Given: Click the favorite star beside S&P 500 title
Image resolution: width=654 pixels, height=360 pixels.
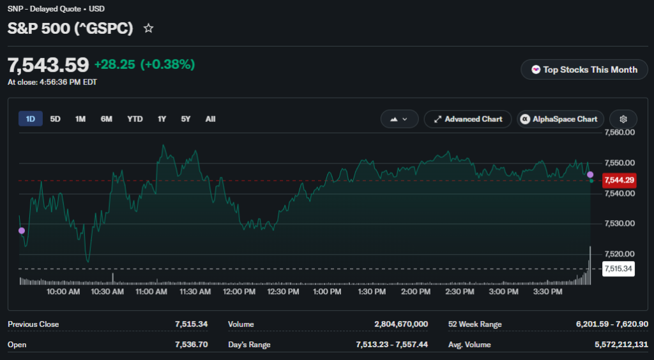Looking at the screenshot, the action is pos(148,28).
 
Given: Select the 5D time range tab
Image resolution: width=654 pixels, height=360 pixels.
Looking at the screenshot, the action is pos(55,119).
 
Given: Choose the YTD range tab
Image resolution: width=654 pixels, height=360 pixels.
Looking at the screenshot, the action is pos(135,119).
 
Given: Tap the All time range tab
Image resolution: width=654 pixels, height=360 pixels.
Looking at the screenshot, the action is pos(210,119).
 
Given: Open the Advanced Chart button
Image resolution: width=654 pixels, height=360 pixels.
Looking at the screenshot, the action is pos(468,119).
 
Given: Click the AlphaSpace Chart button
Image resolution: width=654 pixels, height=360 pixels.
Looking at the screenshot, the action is pos(560,119).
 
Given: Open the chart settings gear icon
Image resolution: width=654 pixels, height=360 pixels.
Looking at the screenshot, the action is pos(623,119).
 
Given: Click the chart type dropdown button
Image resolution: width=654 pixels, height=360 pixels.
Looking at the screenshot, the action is pos(399,119).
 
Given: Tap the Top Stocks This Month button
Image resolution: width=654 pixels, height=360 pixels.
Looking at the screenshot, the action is pos(584,70).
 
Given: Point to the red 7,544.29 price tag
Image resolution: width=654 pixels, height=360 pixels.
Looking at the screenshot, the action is pos(620,180).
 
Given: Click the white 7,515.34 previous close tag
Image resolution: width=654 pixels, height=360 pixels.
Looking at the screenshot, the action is pos(618,269).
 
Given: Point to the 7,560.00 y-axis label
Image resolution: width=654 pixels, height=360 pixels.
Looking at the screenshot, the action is pos(620,133).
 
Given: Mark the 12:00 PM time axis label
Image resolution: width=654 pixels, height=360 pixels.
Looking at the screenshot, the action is pos(239,292).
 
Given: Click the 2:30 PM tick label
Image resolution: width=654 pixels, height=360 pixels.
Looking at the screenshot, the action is pos(460,292).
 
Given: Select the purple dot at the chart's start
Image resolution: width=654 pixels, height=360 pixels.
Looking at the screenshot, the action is pos(22,231).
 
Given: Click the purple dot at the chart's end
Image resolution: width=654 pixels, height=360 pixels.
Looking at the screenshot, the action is pos(590,175).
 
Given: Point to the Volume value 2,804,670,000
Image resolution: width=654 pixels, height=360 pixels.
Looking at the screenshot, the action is pos(401,324).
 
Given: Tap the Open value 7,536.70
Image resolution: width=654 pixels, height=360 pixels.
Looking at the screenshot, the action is pos(192,345).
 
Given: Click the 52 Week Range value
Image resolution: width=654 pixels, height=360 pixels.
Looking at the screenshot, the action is pos(612,324).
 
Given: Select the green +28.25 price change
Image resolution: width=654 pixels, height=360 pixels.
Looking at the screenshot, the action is pos(115,64).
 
